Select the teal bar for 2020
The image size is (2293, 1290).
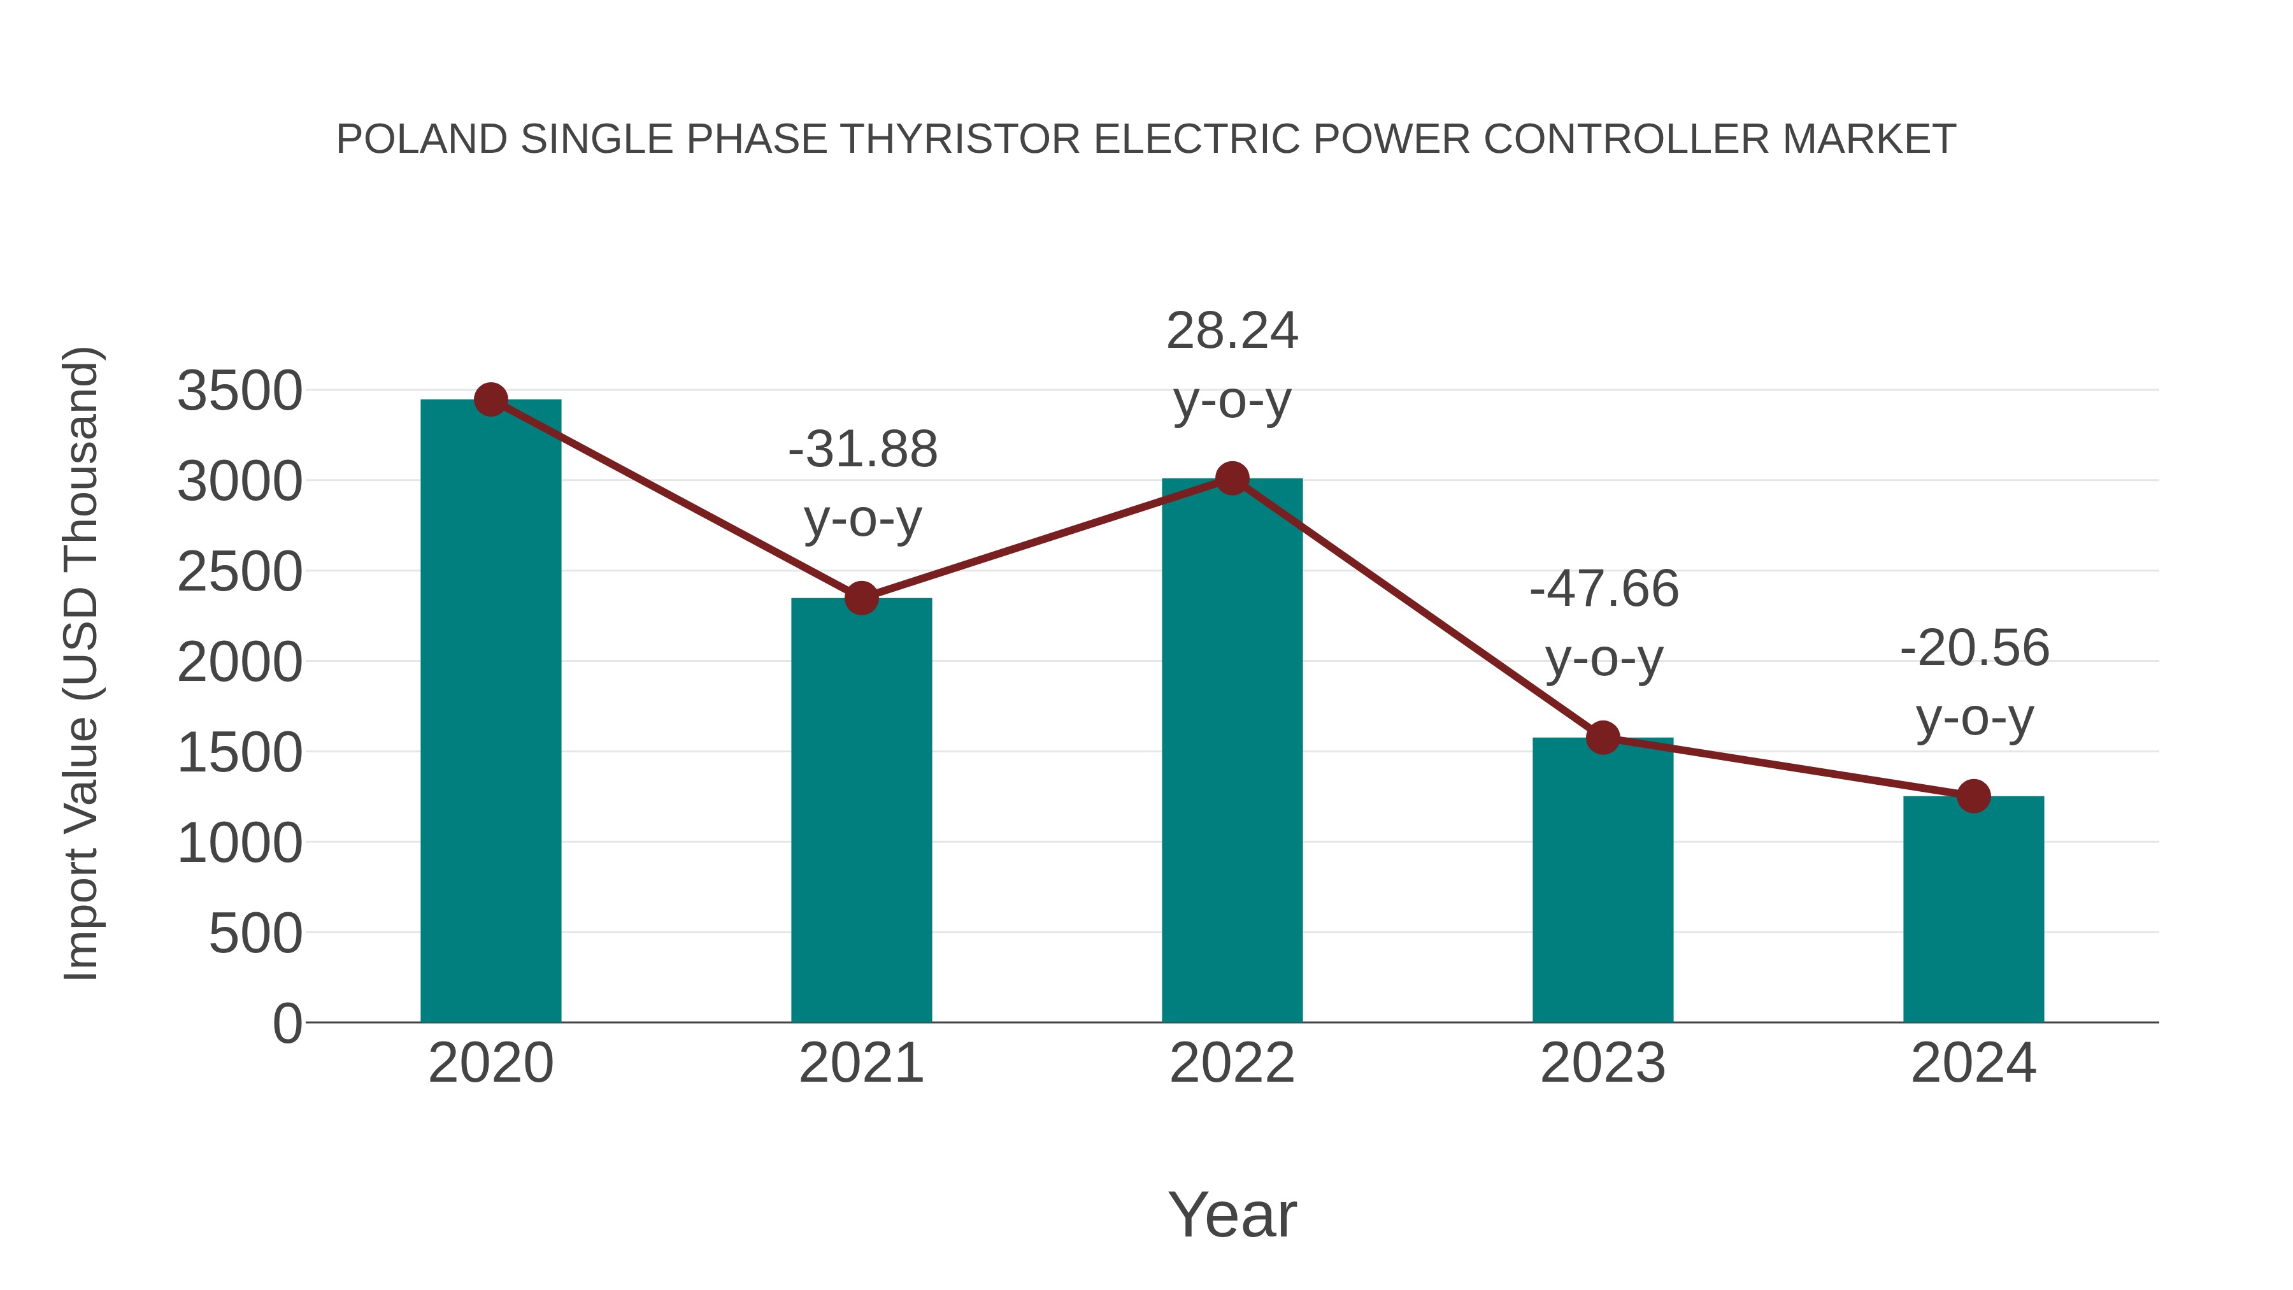(490, 712)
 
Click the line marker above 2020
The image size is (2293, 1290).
(490, 399)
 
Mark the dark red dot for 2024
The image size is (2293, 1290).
(1973, 796)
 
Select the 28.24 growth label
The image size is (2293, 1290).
(1232, 332)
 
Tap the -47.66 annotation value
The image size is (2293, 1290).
(1604, 589)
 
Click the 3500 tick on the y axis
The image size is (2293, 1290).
(239, 391)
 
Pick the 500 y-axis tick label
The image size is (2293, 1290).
(255, 934)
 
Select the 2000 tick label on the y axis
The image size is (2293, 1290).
(239, 663)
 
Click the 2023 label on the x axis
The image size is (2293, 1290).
(1603, 1063)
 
